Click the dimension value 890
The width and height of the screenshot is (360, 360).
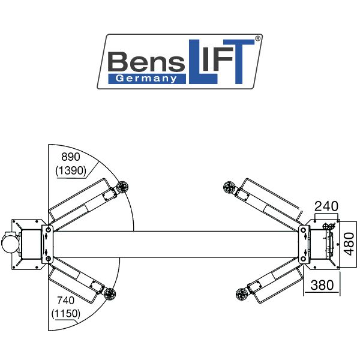tap(71, 157)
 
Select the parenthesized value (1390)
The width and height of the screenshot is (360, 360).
tap(71, 170)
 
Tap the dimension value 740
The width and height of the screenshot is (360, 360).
tap(66, 301)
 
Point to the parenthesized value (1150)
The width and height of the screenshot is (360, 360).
tap(66, 314)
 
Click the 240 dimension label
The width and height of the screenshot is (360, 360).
tap(326, 206)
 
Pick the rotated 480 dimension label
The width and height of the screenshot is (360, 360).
tap(349, 244)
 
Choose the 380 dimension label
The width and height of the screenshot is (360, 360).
tap(322, 285)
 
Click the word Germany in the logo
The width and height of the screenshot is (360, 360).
tap(146, 79)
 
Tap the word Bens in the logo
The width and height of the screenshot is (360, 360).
tap(146, 61)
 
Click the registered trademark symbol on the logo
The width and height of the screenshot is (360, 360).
tap(258, 38)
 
